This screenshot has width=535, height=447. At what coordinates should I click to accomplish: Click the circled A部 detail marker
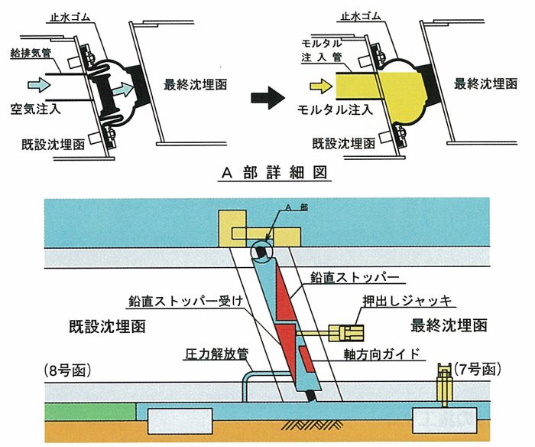(261, 251)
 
